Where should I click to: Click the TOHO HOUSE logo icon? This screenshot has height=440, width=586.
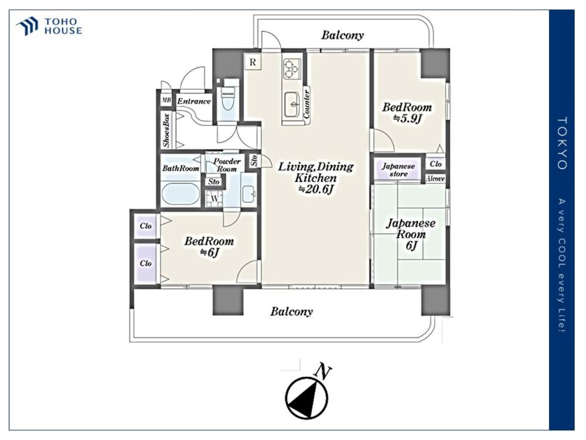[28, 26]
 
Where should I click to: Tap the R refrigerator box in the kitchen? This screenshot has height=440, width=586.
[253, 62]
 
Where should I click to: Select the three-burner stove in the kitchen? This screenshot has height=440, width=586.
[291, 69]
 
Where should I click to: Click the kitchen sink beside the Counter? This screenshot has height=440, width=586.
[292, 104]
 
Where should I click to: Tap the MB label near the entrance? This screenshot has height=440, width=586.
[166, 100]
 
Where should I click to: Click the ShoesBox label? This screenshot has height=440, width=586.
[166, 130]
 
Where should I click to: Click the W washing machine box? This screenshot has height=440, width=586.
[214, 198]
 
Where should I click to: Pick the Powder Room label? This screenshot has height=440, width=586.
[226, 165]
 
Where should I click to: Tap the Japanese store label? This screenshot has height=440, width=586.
[398, 170]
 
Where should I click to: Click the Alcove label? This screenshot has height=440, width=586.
[435, 179]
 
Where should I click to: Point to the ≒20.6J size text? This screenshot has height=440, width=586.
[316, 189]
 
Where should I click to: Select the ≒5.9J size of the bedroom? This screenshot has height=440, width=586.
[407, 119]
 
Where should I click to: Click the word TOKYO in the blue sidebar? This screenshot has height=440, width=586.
[562, 143]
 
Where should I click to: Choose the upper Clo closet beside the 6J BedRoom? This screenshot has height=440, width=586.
[145, 226]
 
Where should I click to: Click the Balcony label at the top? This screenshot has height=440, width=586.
[342, 35]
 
